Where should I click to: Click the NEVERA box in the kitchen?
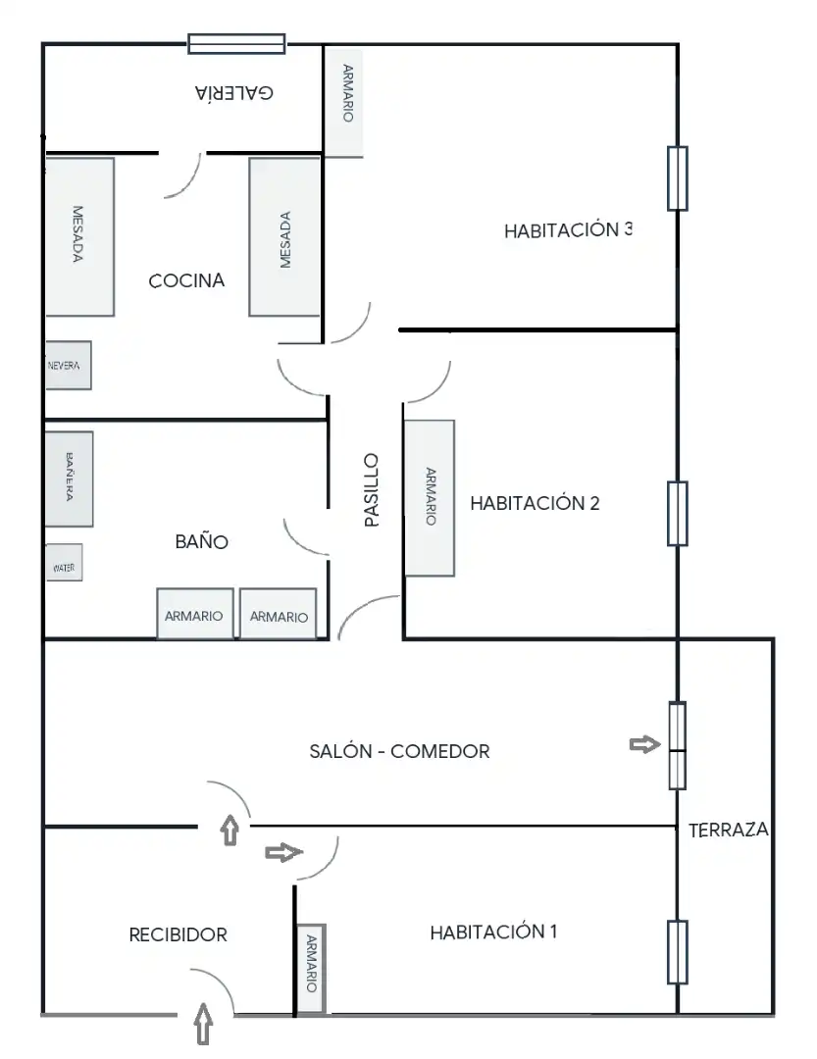68,366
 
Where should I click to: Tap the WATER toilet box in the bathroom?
64,563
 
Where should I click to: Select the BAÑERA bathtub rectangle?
69,479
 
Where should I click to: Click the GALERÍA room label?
234,92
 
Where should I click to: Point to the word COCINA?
186,280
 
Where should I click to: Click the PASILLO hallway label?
371,489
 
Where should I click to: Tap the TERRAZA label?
729,830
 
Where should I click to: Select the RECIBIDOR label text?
178,934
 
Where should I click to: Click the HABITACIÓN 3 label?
568,230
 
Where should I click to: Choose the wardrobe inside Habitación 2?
430,498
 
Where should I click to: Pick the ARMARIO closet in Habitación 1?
312,969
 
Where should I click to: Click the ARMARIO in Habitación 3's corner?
344,101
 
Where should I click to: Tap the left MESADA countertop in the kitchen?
79,236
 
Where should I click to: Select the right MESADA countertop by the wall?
284,237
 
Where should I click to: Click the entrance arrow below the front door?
203,1024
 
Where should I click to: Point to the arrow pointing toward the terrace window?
644,744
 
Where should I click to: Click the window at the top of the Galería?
236,44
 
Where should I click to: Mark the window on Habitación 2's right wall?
677,513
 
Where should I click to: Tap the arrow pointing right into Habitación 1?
283,852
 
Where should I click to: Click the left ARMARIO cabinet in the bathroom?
195,614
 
